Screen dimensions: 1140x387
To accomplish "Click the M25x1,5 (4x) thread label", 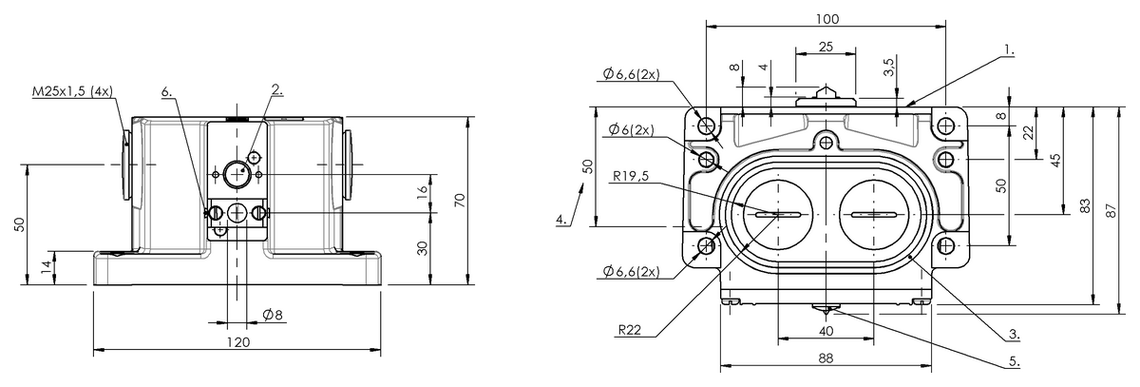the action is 72,91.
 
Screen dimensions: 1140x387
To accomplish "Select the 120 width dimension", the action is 238,341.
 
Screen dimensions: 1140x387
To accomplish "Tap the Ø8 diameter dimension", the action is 273,315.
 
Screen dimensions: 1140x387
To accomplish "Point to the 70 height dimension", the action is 460,200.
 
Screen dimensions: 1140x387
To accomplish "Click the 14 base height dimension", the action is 46,267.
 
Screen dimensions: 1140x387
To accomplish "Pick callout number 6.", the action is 167,91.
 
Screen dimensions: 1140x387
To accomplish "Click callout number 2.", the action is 277,89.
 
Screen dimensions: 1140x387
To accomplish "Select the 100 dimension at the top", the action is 827,19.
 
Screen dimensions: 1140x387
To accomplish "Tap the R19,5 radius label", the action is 631,176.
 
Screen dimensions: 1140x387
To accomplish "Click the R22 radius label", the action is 630,330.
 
